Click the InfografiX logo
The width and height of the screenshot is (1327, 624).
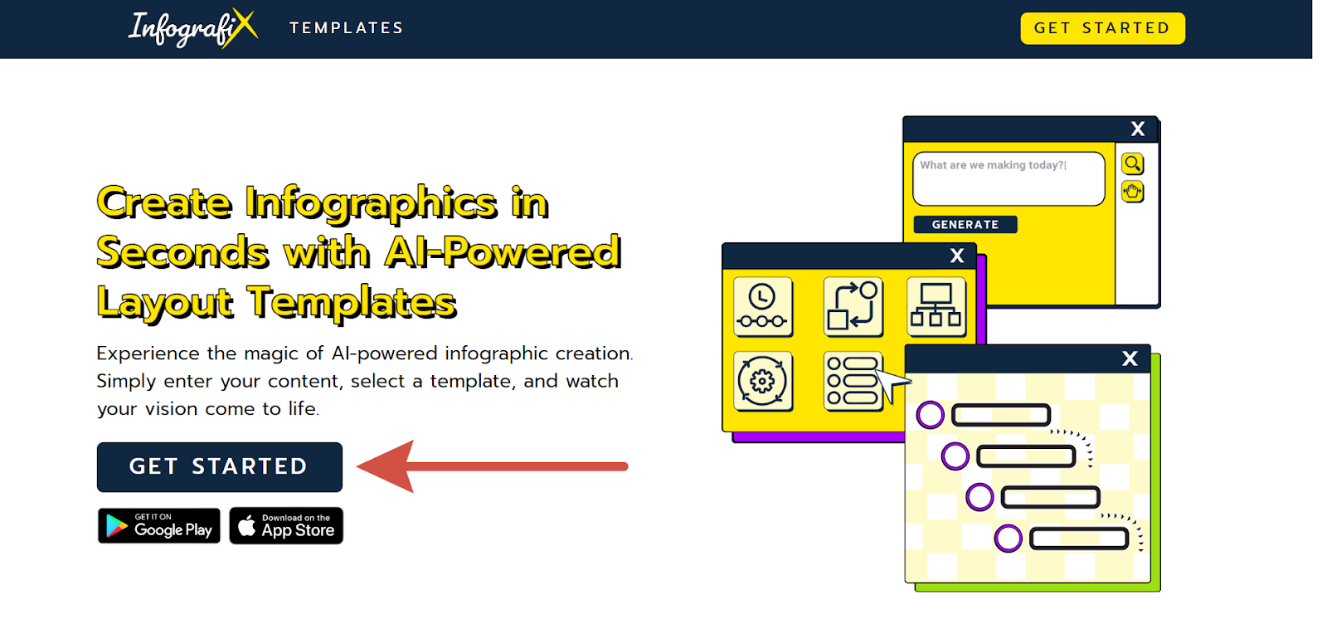click(x=193, y=28)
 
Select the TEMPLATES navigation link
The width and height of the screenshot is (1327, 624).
click(x=347, y=28)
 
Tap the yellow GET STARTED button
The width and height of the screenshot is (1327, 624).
click(x=1102, y=28)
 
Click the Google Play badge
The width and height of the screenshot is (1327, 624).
click(x=158, y=525)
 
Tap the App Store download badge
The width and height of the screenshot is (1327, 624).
click(x=286, y=525)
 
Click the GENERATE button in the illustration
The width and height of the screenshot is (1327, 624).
click(x=965, y=225)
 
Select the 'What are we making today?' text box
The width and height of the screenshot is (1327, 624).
click(x=1009, y=179)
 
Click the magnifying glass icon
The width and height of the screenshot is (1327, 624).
click(x=1132, y=163)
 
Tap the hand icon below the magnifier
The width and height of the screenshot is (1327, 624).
click(x=1132, y=192)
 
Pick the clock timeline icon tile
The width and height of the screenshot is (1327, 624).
click(x=762, y=307)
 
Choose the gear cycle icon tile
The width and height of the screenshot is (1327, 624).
click(x=762, y=381)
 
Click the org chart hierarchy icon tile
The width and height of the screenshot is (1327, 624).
click(x=936, y=307)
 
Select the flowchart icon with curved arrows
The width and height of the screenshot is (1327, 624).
click(x=853, y=307)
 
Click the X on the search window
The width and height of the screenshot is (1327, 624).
click(x=1137, y=129)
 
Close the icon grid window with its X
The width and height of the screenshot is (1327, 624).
click(x=957, y=256)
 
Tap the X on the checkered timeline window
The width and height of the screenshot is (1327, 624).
click(x=1130, y=358)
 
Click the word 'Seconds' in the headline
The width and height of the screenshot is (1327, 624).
click(x=182, y=252)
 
